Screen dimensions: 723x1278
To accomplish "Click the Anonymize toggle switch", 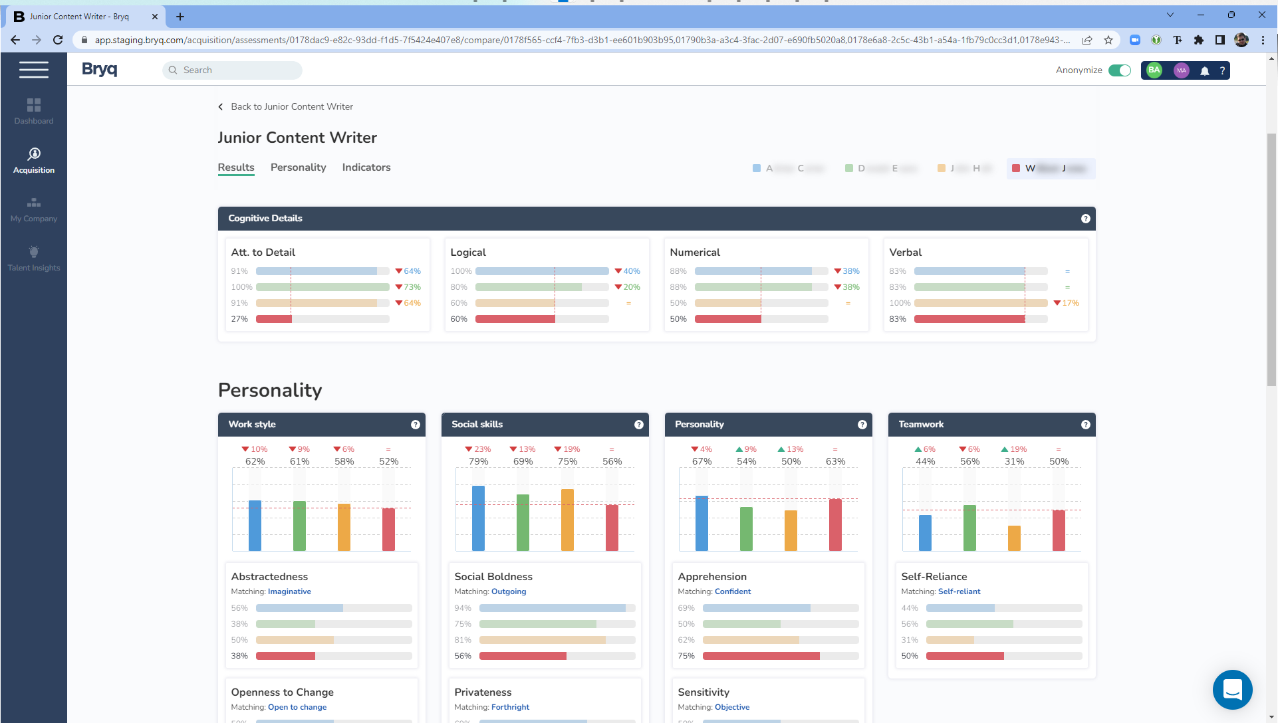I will pyautogui.click(x=1120, y=70).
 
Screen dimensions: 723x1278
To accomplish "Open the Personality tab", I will pyautogui.click(x=298, y=167).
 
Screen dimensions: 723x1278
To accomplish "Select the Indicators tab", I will pyautogui.click(x=366, y=167).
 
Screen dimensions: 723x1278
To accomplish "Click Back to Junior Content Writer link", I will pyautogui.click(x=291, y=107).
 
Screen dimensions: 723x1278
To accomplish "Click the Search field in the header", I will pyautogui.click(x=233, y=70).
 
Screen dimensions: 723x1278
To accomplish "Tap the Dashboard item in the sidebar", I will pyautogui.click(x=34, y=111).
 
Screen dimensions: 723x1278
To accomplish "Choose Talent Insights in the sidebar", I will pyautogui.click(x=34, y=258).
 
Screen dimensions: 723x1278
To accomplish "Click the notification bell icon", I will pyautogui.click(x=1204, y=70).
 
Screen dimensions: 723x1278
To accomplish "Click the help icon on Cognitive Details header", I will pyautogui.click(x=1085, y=219).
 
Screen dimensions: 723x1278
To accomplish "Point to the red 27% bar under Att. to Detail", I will pyautogui.click(x=274, y=319).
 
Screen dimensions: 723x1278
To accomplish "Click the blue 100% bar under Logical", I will pyautogui.click(x=542, y=271).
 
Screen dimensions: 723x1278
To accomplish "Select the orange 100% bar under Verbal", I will pyautogui.click(x=981, y=303).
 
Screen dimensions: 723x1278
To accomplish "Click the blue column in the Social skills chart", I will pyautogui.click(x=478, y=518).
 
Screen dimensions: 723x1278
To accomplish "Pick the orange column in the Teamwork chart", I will pyautogui.click(x=1014, y=538).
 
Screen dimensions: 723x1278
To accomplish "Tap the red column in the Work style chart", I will pyautogui.click(x=388, y=529).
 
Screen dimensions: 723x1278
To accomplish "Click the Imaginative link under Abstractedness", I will pyautogui.click(x=289, y=591).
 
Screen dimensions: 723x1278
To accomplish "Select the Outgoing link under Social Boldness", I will pyautogui.click(x=509, y=591).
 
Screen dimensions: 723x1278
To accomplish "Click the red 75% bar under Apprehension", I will pyautogui.click(x=761, y=656).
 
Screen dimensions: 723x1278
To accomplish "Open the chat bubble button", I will pyautogui.click(x=1232, y=689).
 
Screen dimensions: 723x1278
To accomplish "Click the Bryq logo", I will pyautogui.click(x=100, y=69).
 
